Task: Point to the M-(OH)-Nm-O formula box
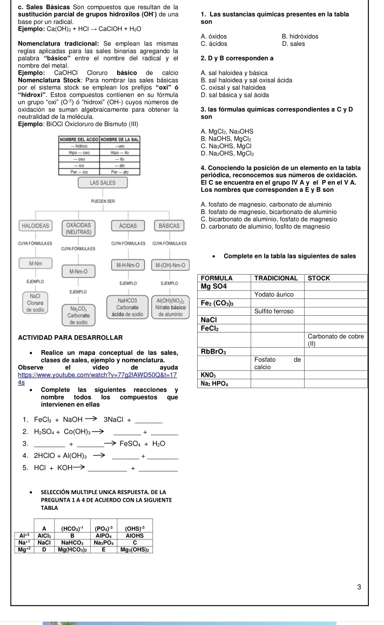coord(170,265)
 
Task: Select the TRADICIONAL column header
coord(275,277)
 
